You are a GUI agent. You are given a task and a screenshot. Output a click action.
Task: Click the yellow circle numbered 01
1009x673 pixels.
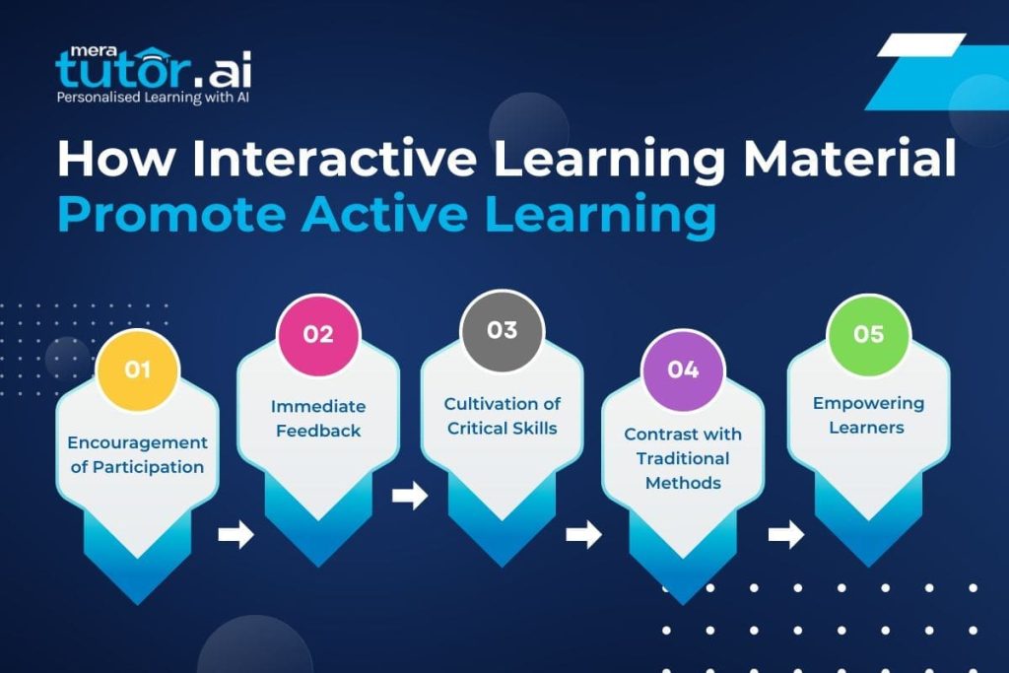point(137,370)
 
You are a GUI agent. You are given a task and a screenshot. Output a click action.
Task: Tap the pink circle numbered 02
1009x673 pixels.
point(318,335)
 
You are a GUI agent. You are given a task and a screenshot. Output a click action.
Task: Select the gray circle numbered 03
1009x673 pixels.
point(502,330)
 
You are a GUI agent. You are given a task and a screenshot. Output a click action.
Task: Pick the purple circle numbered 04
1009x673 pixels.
point(683,370)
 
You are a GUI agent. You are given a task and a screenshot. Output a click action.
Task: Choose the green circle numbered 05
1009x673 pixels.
point(868,335)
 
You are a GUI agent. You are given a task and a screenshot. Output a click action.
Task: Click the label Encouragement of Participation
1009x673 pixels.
point(137,454)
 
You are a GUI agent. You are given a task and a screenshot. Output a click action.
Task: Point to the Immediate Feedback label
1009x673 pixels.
point(318,418)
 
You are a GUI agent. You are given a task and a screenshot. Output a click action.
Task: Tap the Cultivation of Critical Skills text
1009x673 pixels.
point(502,416)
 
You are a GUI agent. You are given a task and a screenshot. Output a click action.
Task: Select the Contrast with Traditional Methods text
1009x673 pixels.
point(683,458)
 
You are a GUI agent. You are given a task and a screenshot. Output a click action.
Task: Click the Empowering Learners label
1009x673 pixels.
point(868,415)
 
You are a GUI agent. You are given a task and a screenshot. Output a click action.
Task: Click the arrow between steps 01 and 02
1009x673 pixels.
point(235,535)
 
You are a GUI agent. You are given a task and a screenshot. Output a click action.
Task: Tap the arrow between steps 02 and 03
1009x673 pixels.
point(409,496)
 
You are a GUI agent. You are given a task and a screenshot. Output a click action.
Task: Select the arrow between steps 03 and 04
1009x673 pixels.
point(583,535)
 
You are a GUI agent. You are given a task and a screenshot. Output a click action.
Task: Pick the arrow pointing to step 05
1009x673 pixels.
point(785,535)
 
